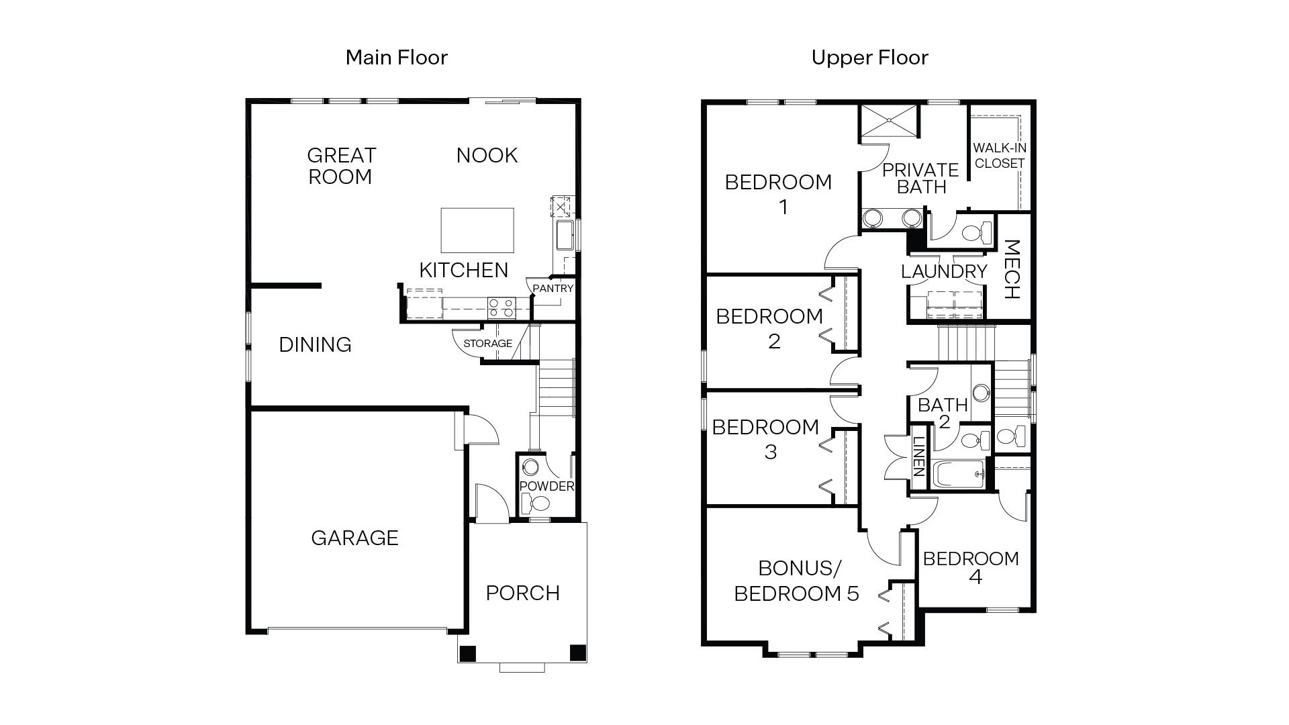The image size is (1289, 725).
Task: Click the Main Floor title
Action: point(396,58)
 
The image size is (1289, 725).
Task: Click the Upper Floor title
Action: point(869,58)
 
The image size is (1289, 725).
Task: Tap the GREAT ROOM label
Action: point(340,166)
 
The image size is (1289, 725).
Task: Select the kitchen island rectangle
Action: point(477,230)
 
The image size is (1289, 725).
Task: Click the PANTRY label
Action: point(553,289)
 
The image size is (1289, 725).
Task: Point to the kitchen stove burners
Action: point(501,308)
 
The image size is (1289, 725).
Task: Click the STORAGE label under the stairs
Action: point(487,344)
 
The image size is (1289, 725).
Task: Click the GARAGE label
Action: point(354,538)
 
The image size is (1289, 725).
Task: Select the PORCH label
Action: point(522,593)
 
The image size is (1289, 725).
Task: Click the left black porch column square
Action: point(468,652)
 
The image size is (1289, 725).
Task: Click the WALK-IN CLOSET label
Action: point(1000,156)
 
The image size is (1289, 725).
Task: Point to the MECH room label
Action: point(1011,269)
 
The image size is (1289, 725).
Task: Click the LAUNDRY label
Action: point(944,272)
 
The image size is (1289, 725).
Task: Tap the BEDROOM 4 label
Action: point(971,567)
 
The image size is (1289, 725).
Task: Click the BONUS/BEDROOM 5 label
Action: point(797,581)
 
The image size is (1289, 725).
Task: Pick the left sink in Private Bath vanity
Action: point(873,217)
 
